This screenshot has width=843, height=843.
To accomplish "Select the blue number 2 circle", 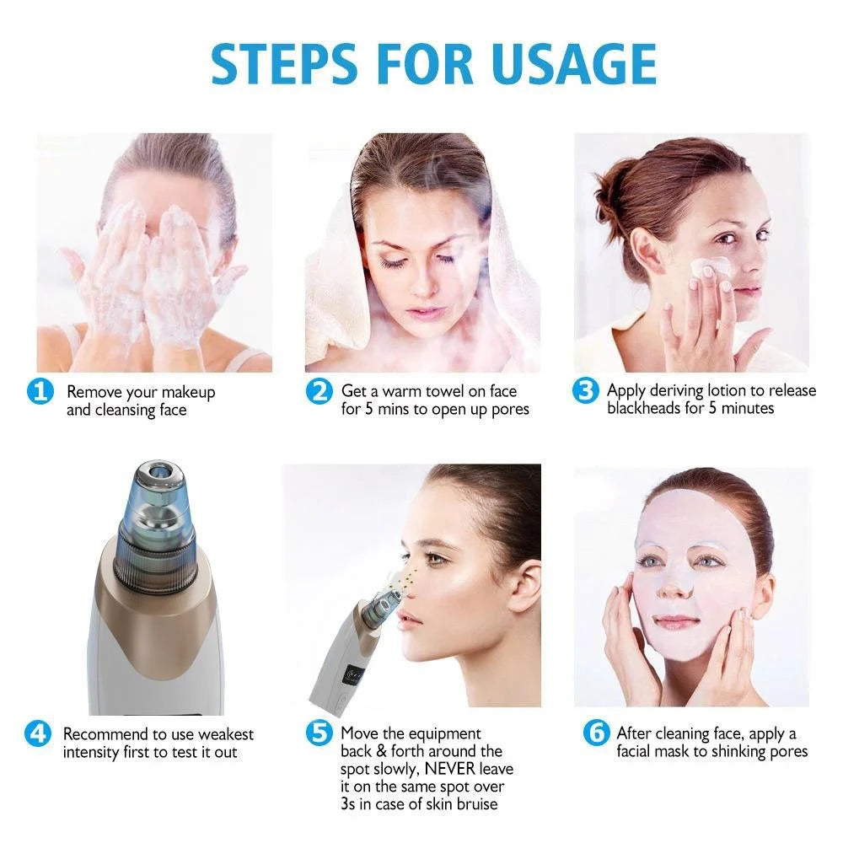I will click(x=319, y=392).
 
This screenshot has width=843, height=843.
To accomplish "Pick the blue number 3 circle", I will click(x=585, y=392).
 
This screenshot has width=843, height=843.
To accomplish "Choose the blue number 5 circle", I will click(x=319, y=733).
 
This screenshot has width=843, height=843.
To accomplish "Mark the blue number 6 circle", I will click(x=595, y=733).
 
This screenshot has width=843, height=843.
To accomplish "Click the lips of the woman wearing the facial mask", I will click(x=676, y=622).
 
